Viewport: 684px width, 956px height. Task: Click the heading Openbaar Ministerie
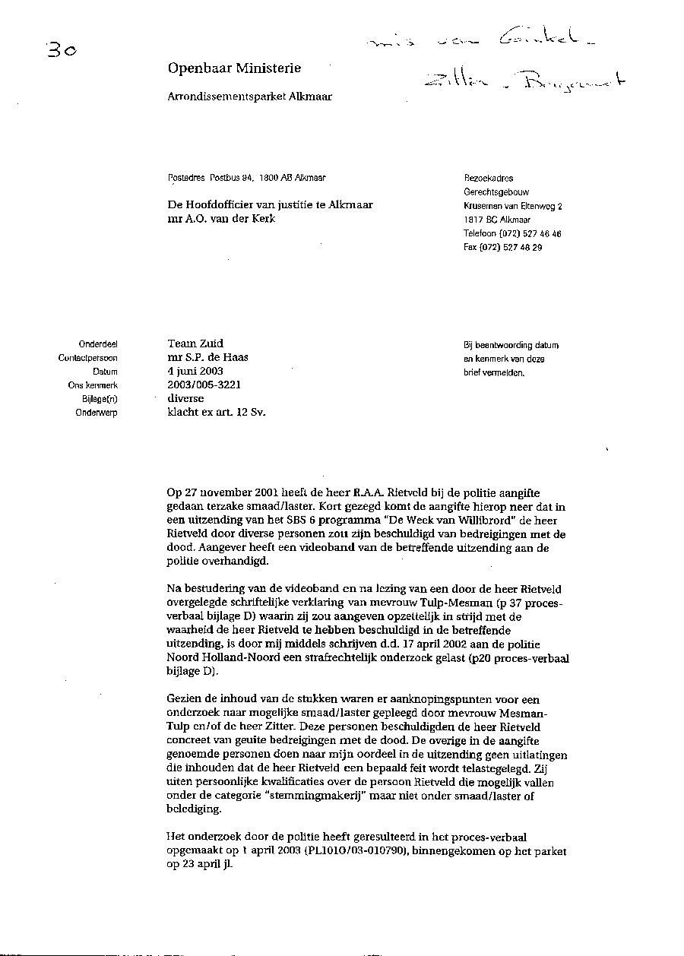pyautogui.click(x=234, y=68)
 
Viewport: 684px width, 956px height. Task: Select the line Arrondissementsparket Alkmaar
pyautogui.click(x=249, y=97)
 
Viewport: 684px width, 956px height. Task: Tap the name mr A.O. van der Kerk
pyautogui.click(x=222, y=219)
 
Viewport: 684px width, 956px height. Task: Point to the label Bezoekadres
pyautogui.click(x=488, y=179)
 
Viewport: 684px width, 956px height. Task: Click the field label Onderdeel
pyautogui.click(x=97, y=344)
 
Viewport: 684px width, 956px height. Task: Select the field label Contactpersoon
pyautogui.click(x=87, y=358)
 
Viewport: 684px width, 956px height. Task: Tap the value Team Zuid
pyautogui.click(x=195, y=343)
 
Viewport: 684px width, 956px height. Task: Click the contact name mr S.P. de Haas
pyautogui.click(x=207, y=357)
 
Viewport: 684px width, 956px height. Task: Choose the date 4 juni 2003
pyautogui.click(x=195, y=371)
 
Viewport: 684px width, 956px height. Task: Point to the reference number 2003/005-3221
pyautogui.click(x=204, y=385)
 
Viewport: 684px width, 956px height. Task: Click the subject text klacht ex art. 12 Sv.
pyautogui.click(x=216, y=412)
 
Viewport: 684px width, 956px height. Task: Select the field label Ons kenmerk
pyautogui.click(x=92, y=385)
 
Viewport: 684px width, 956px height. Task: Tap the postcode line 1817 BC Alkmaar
pyautogui.click(x=497, y=220)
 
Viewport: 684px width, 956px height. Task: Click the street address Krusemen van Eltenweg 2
pyautogui.click(x=513, y=206)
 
